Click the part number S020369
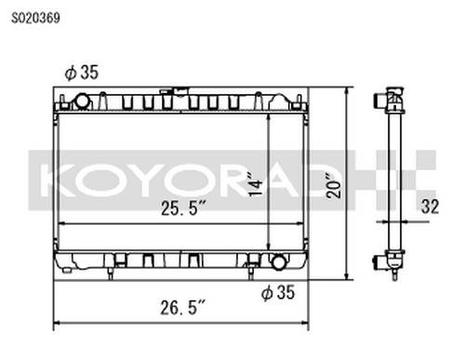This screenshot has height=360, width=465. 35,19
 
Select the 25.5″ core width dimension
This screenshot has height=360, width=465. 183,208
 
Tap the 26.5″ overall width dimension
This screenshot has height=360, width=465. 183,308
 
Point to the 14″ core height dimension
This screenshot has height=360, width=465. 256,187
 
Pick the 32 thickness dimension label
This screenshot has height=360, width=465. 430,207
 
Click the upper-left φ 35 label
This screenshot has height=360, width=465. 82,73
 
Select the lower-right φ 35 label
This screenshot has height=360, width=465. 278,292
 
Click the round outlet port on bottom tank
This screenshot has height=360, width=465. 279,262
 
